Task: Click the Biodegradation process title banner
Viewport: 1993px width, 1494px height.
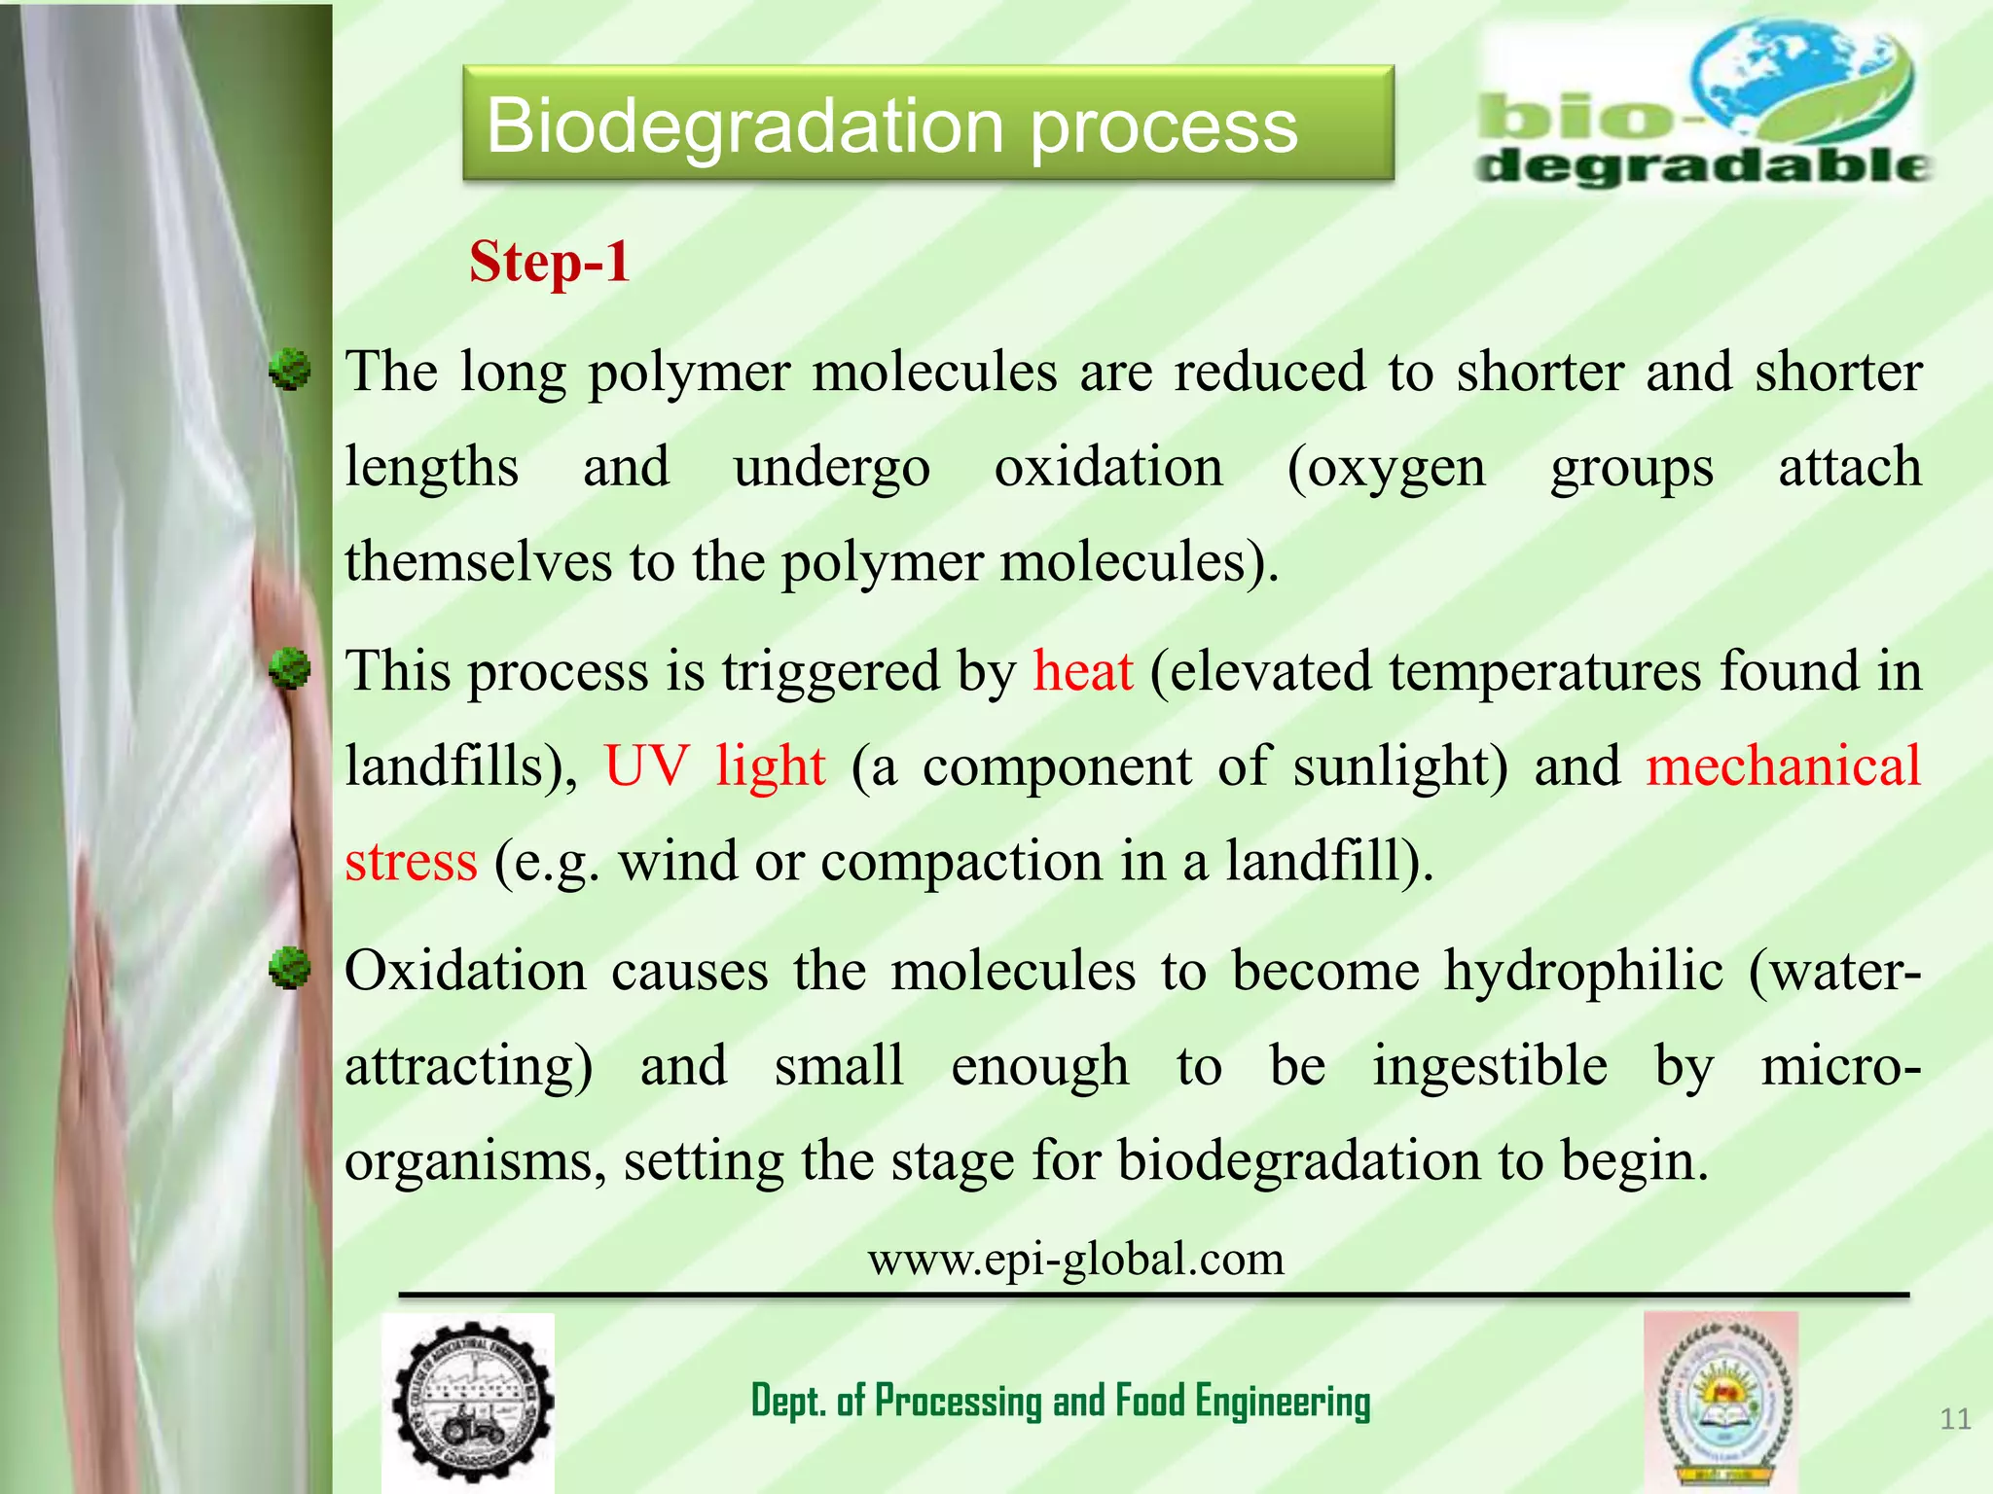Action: tap(927, 124)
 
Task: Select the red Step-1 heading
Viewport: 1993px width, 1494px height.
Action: tap(549, 262)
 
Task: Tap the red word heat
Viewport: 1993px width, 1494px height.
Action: tap(1082, 671)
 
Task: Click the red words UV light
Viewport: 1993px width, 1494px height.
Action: tap(714, 765)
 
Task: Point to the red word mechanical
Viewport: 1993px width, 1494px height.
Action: tap(1783, 765)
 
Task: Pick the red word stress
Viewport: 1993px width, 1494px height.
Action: tap(411, 862)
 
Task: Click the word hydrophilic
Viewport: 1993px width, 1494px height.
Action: tap(1583, 971)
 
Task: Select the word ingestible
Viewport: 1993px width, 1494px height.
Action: tap(1490, 1065)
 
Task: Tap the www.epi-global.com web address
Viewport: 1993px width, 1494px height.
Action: tap(1075, 1259)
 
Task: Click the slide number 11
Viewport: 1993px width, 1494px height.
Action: tap(1955, 1419)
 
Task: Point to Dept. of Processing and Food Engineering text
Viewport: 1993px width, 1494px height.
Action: tap(1061, 1402)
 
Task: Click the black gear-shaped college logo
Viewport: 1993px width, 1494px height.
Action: tap(470, 1402)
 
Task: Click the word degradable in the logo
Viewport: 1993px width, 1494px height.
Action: tap(1703, 165)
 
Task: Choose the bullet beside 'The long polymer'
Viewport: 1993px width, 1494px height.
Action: tap(290, 371)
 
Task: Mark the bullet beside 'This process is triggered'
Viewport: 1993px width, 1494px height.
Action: tap(290, 669)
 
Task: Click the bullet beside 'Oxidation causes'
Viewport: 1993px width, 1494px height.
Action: tap(290, 969)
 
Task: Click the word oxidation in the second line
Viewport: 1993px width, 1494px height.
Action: tap(1107, 468)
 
